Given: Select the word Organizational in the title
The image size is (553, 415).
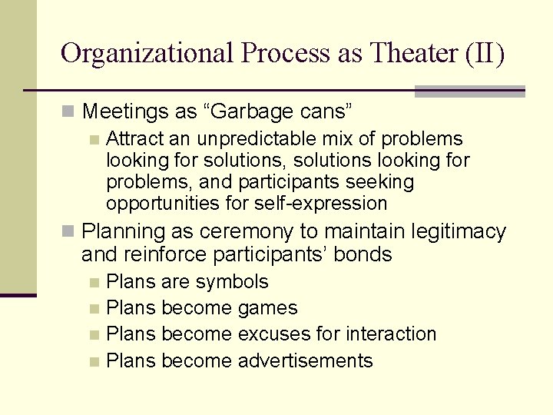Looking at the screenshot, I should click(x=147, y=53).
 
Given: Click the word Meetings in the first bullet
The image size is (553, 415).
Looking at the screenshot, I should click(x=126, y=111).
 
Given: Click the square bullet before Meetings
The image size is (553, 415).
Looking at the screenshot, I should click(x=69, y=112).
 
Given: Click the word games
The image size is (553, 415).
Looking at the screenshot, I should click(x=268, y=308).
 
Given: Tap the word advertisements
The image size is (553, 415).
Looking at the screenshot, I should click(x=306, y=360).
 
